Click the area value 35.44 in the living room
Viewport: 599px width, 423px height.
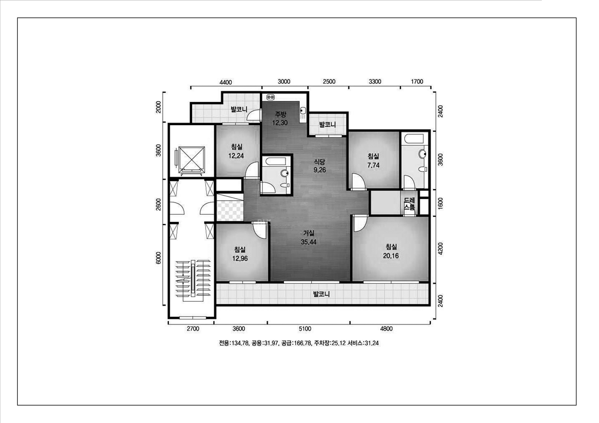[309, 242]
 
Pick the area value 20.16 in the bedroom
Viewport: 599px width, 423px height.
[391, 256]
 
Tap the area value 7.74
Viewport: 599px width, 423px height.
[373, 165]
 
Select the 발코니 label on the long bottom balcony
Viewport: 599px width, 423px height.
[321, 294]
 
